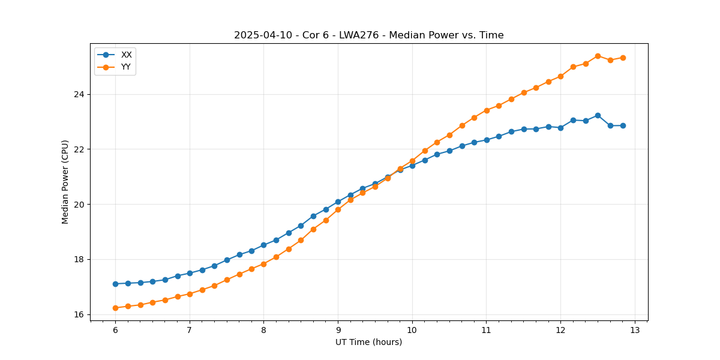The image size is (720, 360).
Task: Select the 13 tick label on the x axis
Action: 635,330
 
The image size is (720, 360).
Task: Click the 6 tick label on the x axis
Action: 115,330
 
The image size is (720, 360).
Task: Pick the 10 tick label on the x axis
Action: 412,330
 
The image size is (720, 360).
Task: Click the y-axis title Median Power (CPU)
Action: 65,182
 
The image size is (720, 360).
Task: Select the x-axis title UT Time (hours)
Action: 368,342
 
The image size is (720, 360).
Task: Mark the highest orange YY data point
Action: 598,56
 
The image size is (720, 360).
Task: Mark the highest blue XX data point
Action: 598,115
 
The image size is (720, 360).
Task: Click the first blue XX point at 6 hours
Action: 115,284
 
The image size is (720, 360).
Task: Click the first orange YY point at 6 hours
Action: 115,308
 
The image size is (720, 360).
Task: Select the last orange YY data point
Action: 623,58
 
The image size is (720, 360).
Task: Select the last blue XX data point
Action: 623,125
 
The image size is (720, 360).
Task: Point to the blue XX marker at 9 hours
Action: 338,202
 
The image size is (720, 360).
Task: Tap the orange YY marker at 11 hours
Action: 487,110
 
